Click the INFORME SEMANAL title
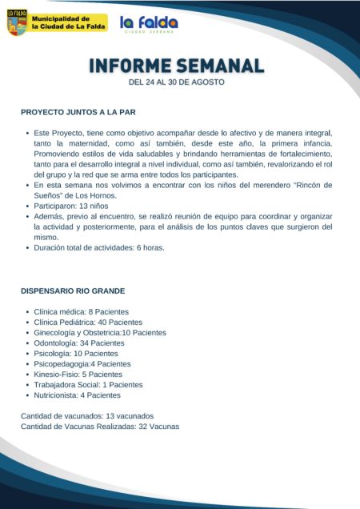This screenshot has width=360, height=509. click(x=176, y=65)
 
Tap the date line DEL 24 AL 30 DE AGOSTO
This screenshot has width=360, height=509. click(x=176, y=82)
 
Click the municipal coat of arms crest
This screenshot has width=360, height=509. click(x=17, y=22)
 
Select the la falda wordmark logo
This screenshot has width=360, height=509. click(x=149, y=24)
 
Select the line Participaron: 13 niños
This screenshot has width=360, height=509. click(x=72, y=206)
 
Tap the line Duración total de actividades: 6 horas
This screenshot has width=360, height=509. click(x=99, y=247)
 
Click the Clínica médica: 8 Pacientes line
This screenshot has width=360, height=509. click(x=81, y=311)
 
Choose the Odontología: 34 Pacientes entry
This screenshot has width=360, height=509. click(x=79, y=343)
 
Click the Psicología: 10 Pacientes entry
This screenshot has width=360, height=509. click(x=76, y=353)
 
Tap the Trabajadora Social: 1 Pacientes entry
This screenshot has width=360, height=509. click(x=88, y=384)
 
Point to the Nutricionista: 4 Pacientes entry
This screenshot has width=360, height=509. click(x=78, y=395)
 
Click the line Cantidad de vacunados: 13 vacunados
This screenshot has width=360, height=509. click(x=86, y=416)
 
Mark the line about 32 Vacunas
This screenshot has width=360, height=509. click(x=99, y=427)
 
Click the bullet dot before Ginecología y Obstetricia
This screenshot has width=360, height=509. click(x=27, y=332)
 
